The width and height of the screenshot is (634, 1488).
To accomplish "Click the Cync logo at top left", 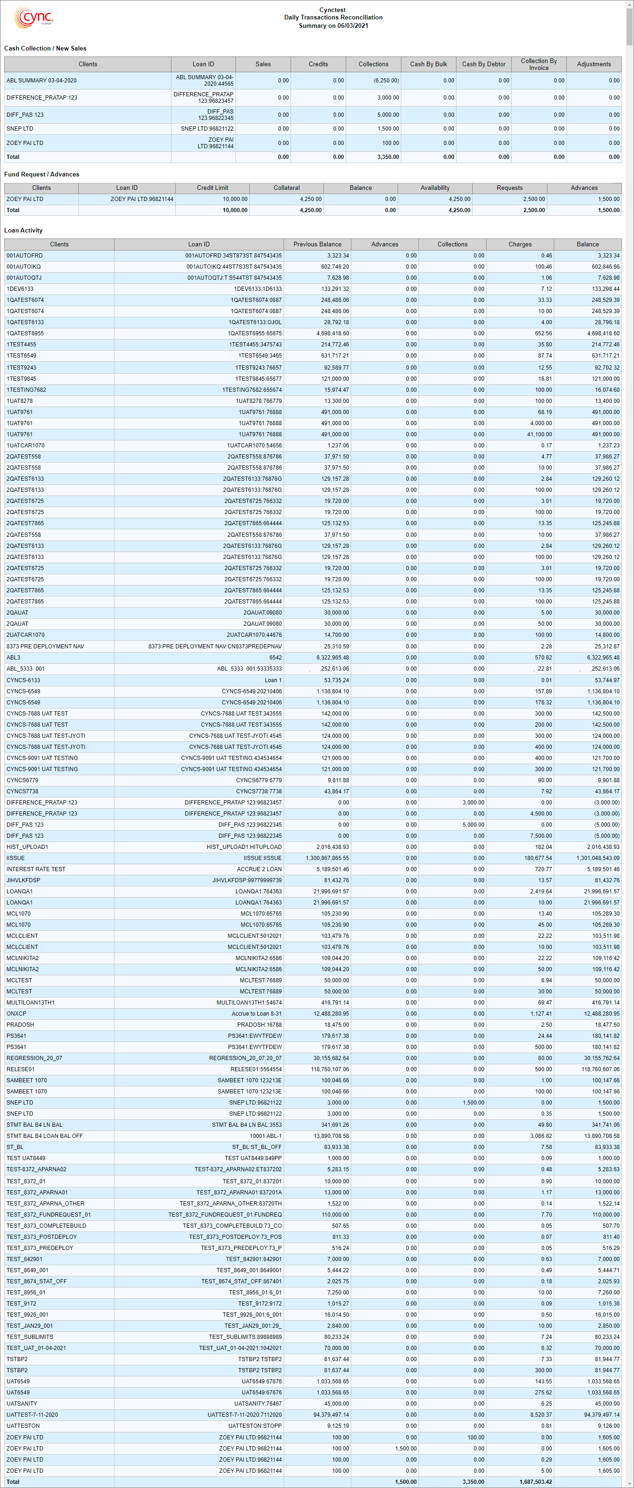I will (33, 17).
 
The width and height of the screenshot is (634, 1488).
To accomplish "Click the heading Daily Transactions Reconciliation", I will (333, 17).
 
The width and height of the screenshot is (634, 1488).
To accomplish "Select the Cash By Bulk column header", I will (428, 64).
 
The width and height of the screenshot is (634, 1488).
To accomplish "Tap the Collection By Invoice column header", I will (539, 64).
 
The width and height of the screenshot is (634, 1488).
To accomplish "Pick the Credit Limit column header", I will (212, 188).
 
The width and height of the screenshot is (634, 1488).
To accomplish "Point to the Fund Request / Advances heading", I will (42, 175).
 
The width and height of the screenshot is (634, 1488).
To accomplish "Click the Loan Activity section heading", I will (23, 231).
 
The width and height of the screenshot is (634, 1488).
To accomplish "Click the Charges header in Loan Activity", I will (520, 245).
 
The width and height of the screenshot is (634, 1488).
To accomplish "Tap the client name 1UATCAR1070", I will (25, 446).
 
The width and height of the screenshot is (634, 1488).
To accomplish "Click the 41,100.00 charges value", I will (539, 434).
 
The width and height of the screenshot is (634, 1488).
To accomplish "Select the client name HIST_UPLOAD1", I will (27, 847).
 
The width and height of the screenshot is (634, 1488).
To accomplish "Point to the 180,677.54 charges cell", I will (538, 858).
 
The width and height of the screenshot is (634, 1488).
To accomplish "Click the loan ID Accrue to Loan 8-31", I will (257, 1014).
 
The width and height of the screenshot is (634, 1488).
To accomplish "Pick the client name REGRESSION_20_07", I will (34, 1058).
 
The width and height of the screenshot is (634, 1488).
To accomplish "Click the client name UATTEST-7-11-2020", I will (32, 1415).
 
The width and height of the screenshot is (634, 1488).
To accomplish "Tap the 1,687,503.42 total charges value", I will (535, 1482).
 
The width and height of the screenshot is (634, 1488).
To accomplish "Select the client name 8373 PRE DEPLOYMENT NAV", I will (45, 647).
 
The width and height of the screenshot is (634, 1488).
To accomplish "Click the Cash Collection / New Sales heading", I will (45, 49).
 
